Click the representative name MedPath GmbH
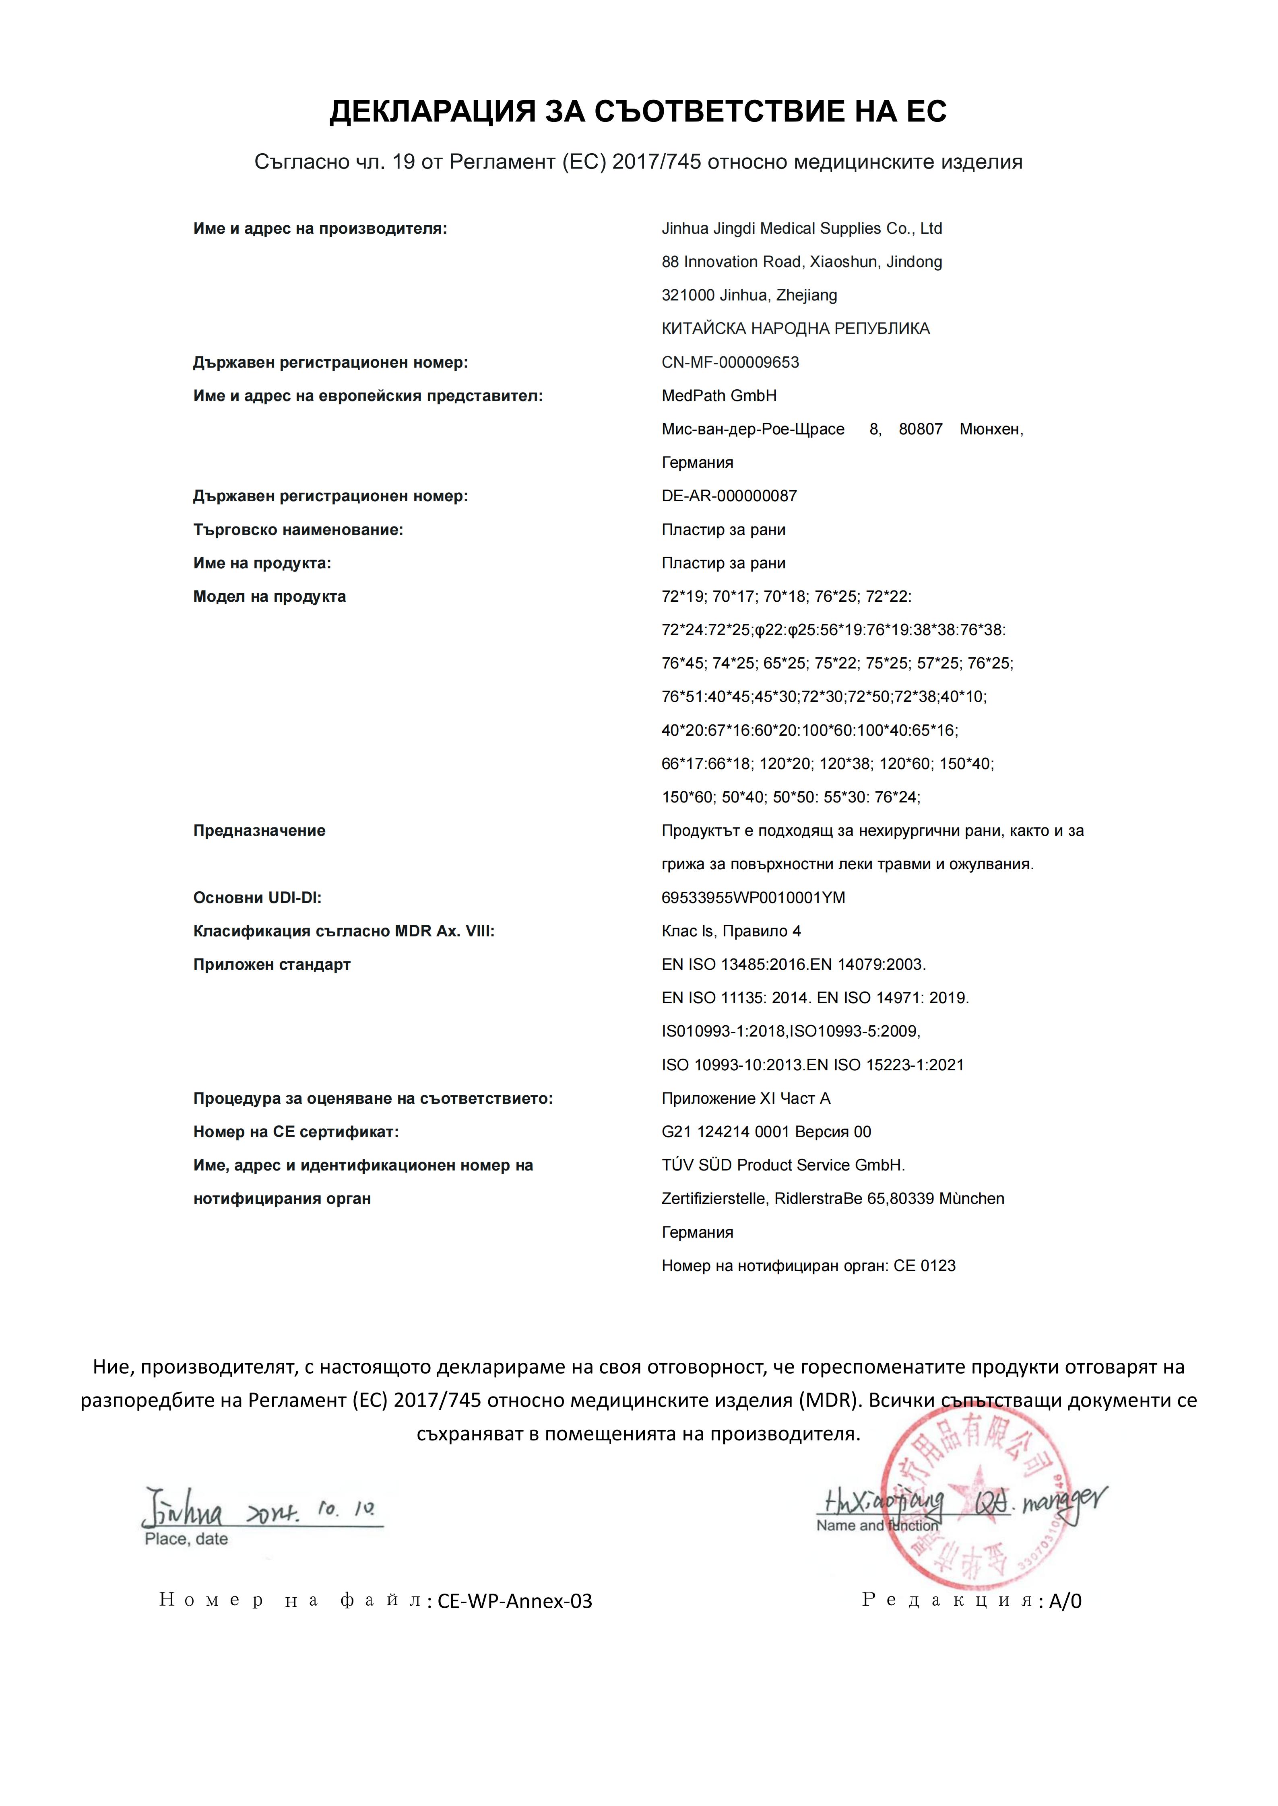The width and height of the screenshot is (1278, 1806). [718, 396]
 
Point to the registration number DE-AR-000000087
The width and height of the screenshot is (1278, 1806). [729, 496]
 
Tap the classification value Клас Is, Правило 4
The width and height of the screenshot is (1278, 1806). [731, 931]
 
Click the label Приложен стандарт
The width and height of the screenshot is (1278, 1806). [271, 965]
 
